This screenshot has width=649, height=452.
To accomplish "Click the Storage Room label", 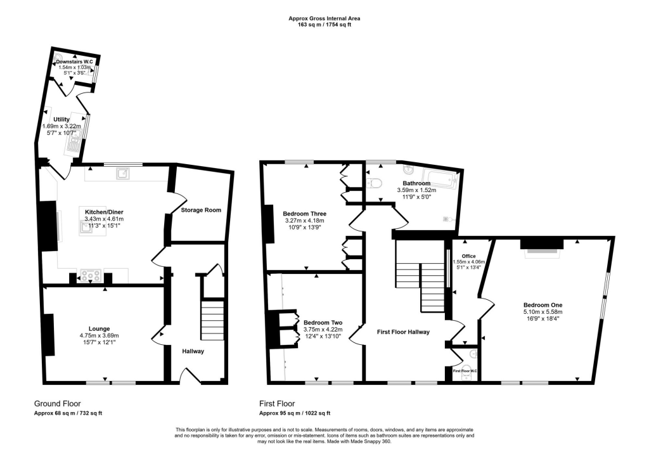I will [201, 210].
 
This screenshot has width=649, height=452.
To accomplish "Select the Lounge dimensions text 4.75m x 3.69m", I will [99, 335].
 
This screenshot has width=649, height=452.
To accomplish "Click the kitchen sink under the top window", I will [122, 172].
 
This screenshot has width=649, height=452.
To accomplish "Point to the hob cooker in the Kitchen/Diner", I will [88, 276].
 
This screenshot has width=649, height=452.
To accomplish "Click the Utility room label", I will [61, 119].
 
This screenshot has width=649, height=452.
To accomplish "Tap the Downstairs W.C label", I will [74, 61].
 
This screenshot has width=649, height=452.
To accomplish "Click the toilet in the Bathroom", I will [374, 183].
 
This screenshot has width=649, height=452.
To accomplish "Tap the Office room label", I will [468, 256].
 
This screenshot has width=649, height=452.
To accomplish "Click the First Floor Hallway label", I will [403, 332].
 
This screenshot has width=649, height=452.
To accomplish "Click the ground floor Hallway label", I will [193, 351].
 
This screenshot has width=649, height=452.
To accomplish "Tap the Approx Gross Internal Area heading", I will [324, 18].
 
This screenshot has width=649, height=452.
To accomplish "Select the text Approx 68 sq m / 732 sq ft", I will [68, 413].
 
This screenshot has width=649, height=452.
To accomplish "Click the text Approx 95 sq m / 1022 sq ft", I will [295, 413].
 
